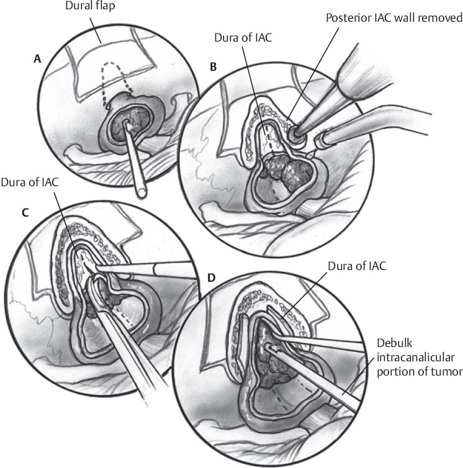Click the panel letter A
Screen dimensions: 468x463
pyautogui.click(x=37, y=60)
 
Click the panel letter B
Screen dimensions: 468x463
pyautogui.click(x=213, y=66)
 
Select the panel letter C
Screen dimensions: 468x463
pyautogui.click(x=25, y=212)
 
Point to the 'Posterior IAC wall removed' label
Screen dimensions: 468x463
pyautogui.click(x=394, y=18)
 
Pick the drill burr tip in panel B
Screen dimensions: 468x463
pyautogui.click(x=293, y=132)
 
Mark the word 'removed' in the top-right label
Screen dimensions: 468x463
pyautogui.click(x=442, y=18)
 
